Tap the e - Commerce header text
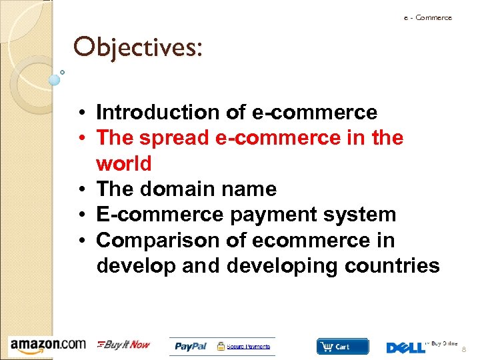[427, 18]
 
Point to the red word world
[124, 163]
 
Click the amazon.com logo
[47, 345]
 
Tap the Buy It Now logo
[124, 345]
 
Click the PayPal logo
[191, 347]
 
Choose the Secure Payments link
[249, 347]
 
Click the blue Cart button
[342, 347]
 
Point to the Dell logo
[405, 347]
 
